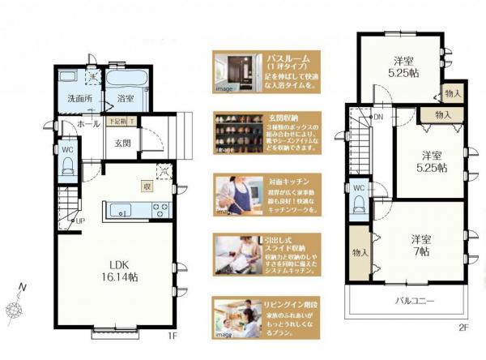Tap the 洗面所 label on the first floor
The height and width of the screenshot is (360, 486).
pos(79,99)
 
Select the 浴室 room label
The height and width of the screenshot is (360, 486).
pos(125,99)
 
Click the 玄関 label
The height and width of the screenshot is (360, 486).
pos(122,143)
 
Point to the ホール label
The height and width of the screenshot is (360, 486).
pos(89,125)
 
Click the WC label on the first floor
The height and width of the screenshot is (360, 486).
pos(68,151)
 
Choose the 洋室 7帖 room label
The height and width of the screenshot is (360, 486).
pos(420,246)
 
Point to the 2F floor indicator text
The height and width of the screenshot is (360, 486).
pos(463,327)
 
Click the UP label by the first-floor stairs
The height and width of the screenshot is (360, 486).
pos(79,220)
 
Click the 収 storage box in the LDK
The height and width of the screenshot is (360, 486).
pos(147,186)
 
